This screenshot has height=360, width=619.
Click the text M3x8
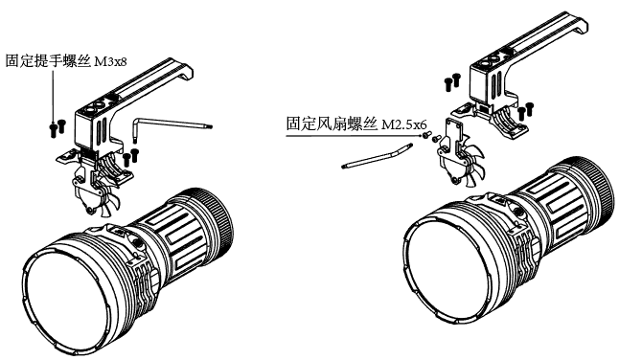(111, 62)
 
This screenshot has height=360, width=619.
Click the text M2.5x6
(403, 125)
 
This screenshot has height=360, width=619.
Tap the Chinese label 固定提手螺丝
(49, 61)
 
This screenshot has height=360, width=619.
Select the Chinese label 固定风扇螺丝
(332, 124)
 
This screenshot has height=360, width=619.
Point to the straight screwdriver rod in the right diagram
(377, 156)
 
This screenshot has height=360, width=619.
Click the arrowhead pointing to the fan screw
(422, 136)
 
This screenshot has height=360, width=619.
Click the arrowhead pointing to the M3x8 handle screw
(54, 123)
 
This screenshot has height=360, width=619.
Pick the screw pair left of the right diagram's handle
(452, 81)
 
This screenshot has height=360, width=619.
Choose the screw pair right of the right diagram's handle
(526, 109)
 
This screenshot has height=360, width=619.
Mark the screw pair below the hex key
(130, 156)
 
